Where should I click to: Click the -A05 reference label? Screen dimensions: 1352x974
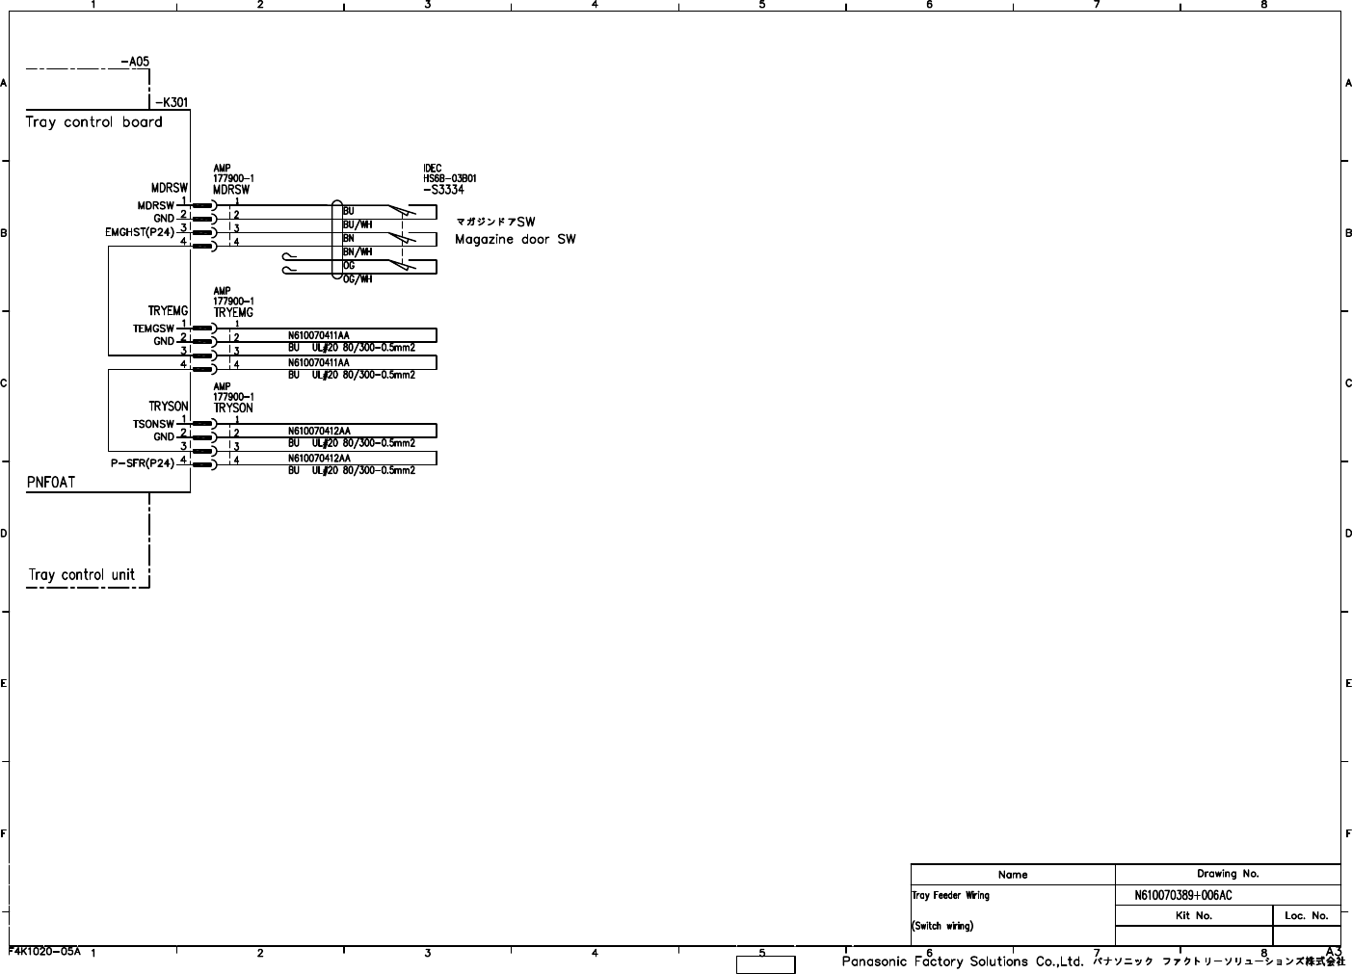click(x=135, y=62)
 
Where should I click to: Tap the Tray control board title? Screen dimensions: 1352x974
click(x=93, y=122)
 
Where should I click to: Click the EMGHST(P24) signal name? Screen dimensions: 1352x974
click(x=140, y=232)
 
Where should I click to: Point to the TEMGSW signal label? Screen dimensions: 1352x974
click(x=153, y=329)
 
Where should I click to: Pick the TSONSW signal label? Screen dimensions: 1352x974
click(x=153, y=424)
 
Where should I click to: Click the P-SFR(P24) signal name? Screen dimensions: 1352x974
click(x=143, y=463)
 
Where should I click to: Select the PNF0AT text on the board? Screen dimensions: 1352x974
click(x=50, y=482)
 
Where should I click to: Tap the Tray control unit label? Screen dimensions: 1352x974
click(x=82, y=575)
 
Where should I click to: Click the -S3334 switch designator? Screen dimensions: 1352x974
click(x=443, y=190)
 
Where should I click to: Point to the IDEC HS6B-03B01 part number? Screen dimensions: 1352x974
click(x=449, y=178)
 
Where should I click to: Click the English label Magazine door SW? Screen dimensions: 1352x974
click(x=515, y=240)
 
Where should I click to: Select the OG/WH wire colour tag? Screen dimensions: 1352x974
click(x=358, y=279)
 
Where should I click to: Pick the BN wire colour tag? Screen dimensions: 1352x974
click(x=349, y=238)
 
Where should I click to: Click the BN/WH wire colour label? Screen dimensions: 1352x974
click(x=358, y=251)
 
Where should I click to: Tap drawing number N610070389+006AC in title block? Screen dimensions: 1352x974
click(x=1182, y=895)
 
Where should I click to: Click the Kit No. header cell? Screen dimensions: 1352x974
click(x=1193, y=916)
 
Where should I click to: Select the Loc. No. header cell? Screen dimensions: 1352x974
click(x=1306, y=916)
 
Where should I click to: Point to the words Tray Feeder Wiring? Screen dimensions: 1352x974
click(x=950, y=895)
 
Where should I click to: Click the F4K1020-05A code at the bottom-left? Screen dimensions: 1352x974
click(x=44, y=951)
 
